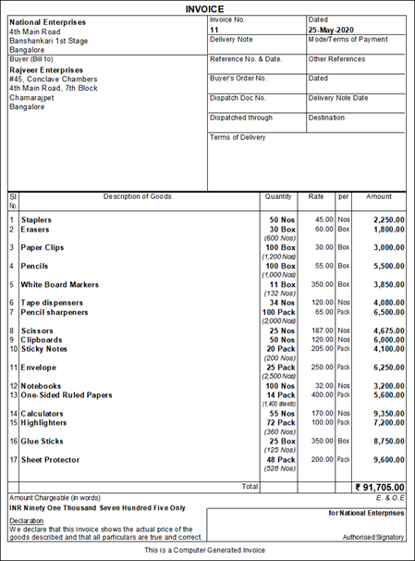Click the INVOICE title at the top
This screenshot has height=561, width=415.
point(207,8)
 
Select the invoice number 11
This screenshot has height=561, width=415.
point(214,30)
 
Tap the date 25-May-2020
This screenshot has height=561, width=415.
point(333,30)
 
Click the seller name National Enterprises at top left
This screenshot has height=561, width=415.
point(48,21)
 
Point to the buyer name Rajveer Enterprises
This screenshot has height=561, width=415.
point(45,69)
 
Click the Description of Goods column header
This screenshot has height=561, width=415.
point(137,196)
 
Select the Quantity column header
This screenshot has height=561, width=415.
point(278,196)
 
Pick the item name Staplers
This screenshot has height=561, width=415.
point(38,219)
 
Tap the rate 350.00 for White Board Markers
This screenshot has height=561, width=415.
point(320,284)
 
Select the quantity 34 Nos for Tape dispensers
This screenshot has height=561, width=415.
point(280,303)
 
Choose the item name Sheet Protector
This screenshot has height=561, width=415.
point(50,460)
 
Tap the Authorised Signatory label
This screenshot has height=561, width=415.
point(373,536)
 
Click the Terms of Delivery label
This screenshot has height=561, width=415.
point(238,137)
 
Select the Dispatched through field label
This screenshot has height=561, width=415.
point(241,118)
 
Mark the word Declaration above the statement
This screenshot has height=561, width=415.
point(26,520)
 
